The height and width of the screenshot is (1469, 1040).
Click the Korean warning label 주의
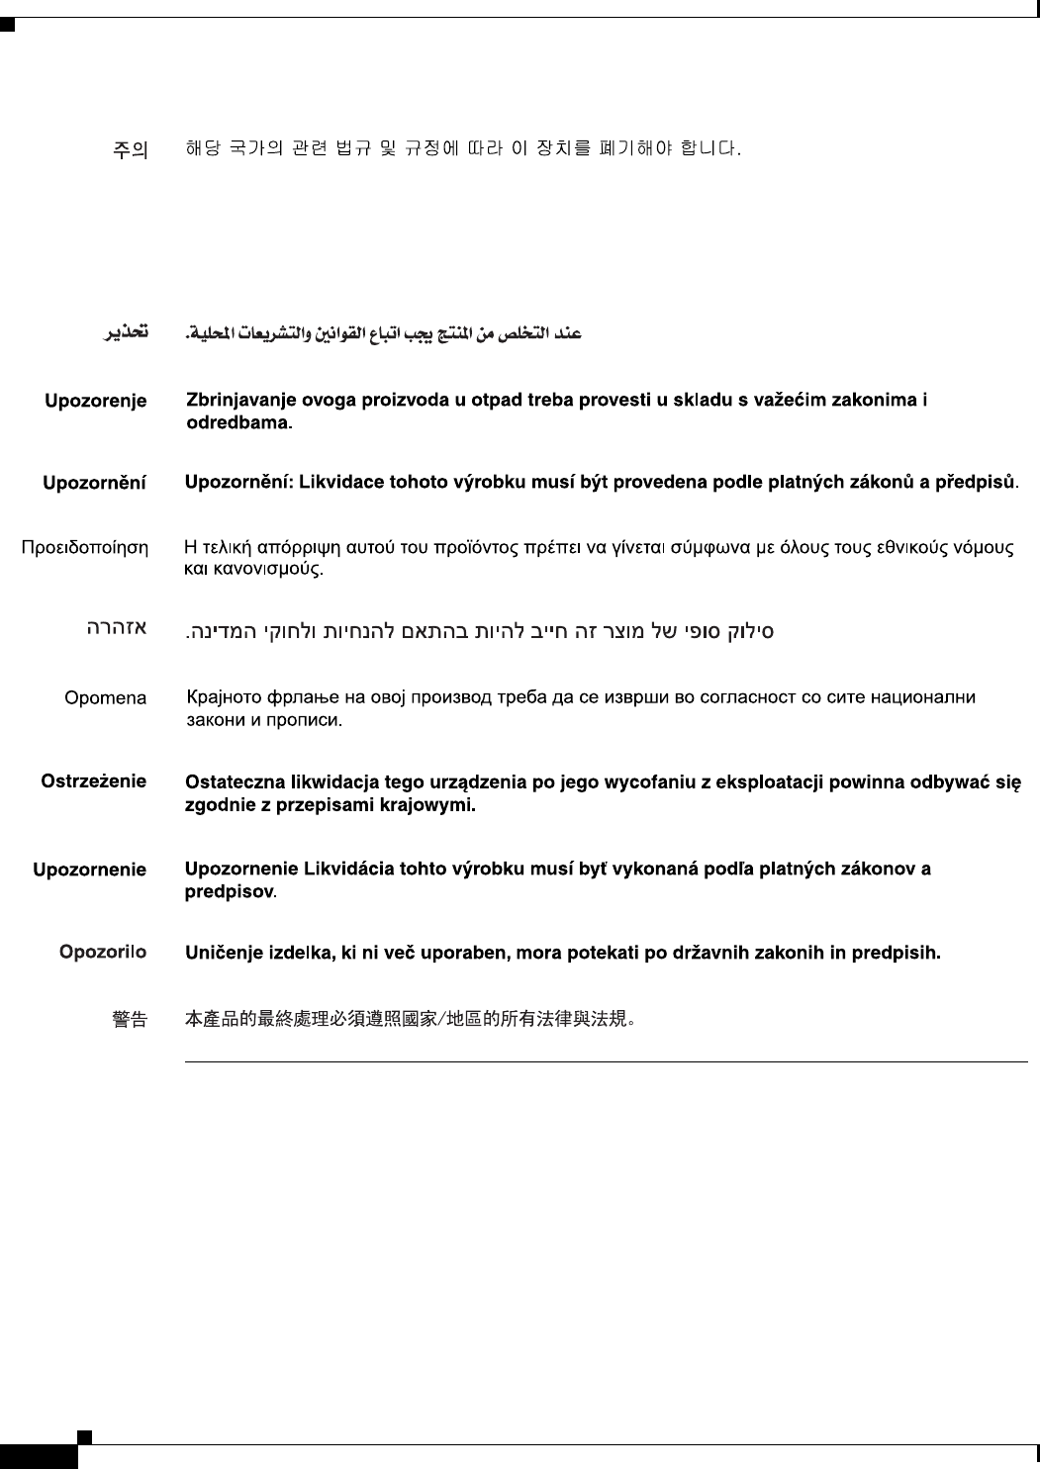point(130,151)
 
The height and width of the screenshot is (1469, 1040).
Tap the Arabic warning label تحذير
point(127,333)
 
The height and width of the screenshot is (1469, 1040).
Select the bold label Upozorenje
point(95,401)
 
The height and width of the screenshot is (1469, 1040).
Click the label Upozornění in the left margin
point(94,484)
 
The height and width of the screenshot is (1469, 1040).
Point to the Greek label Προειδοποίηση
point(85,547)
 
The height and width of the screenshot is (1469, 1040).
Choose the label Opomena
point(105,698)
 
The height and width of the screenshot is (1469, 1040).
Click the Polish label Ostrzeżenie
point(93,781)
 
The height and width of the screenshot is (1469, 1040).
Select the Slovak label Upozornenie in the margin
point(89,871)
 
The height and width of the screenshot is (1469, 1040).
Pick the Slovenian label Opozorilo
point(102,953)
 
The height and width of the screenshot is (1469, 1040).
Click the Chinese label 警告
point(130,1019)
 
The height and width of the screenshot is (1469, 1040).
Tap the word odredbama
point(240,423)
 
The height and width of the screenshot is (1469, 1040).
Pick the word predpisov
point(231,892)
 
